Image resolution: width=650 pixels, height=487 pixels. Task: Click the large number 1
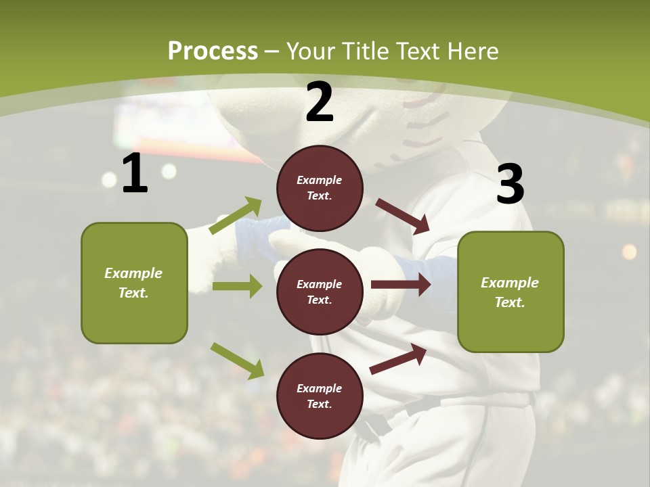click(x=135, y=173)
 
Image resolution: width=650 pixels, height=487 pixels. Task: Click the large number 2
click(x=320, y=102)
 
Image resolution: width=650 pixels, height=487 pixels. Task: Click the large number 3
click(x=510, y=184)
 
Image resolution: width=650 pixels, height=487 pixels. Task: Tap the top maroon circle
click(x=320, y=188)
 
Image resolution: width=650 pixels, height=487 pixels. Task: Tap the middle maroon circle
click(x=320, y=292)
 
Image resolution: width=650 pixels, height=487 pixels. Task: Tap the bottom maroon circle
click(x=320, y=396)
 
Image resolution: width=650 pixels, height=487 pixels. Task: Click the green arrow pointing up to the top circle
click(x=236, y=216)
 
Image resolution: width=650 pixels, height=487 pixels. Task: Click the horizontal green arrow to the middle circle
click(x=237, y=286)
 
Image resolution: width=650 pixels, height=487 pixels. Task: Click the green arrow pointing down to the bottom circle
click(x=237, y=360)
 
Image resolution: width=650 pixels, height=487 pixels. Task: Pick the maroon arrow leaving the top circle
click(x=403, y=216)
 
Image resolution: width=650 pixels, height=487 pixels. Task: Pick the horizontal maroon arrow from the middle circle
click(x=401, y=285)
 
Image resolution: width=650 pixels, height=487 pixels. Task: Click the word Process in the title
click(x=213, y=51)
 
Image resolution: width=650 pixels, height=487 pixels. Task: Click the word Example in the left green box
click(x=133, y=273)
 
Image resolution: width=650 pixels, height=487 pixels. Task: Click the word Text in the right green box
click(x=510, y=302)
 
